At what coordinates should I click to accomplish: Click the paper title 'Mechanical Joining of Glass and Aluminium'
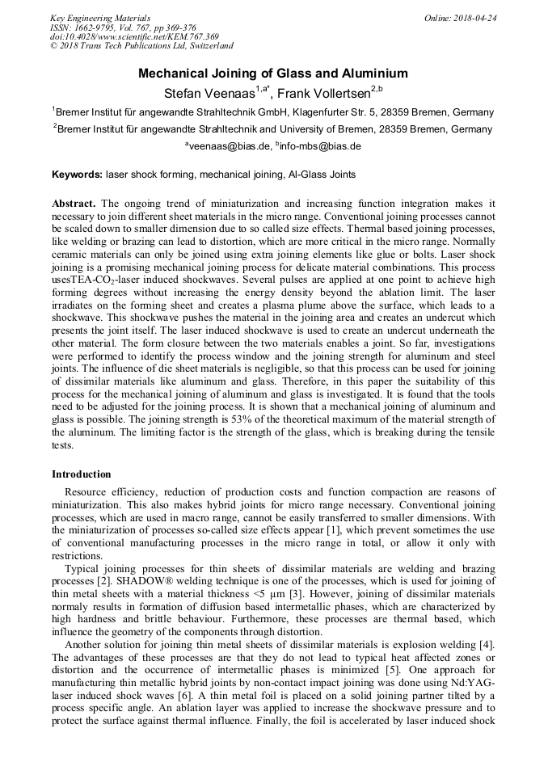click(x=273, y=74)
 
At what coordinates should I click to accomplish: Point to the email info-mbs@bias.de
click(x=320, y=146)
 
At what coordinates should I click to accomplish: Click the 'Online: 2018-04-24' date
click(x=461, y=17)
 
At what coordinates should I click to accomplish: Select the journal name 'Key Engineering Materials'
click(x=100, y=17)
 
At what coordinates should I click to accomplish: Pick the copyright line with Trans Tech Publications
click(x=141, y=46)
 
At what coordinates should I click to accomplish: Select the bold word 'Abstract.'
click(x=74, y=204)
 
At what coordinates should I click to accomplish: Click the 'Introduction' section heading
click(x=82, y=474)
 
